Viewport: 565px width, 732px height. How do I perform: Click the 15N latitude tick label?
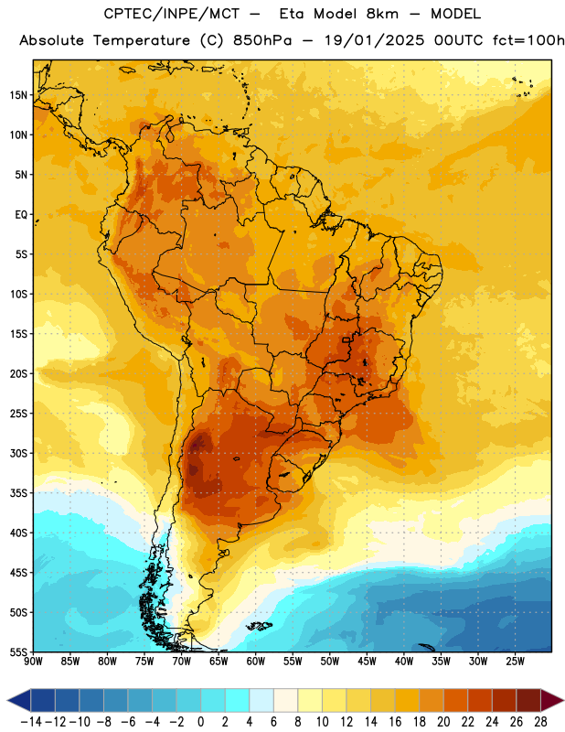pos(18,95)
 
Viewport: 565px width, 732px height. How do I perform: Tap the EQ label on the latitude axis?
pos(21,215)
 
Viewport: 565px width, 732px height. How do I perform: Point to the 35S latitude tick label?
pos(18,493)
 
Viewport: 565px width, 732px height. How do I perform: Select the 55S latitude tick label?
pos(18,651)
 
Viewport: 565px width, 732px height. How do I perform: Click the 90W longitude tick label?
pos(33,661)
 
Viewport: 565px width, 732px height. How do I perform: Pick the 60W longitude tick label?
pos(256,661)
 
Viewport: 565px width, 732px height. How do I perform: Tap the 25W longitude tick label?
pos(515,661)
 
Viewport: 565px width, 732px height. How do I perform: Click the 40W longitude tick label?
pos(404,661)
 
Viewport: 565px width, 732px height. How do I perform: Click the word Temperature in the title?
pos(142,40)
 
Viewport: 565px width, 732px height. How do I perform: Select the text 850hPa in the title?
pos(262,40)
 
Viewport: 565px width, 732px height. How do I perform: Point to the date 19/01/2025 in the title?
pos(374,40)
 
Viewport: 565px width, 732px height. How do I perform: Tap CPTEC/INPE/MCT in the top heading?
pos(172,14)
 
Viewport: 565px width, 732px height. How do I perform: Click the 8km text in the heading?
pos(382,14)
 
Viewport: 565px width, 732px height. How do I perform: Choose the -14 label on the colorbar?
pos(31,722)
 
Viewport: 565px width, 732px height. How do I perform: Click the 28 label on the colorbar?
pos(540,722)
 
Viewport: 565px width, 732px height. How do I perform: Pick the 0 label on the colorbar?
pos(200,722)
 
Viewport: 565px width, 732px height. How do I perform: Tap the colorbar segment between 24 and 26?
pos(505,700)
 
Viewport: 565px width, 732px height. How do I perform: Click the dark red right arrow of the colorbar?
pos(551,700)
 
